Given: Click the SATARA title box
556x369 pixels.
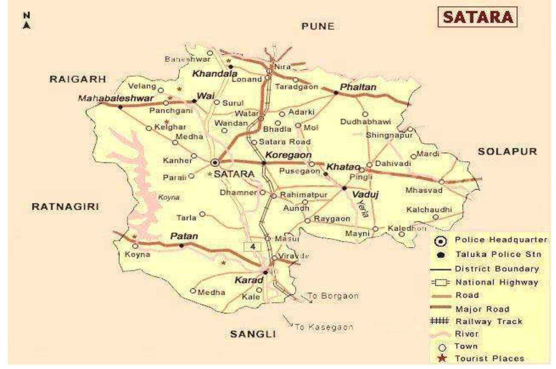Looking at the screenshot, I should pyautogui.click(x=477, y=17).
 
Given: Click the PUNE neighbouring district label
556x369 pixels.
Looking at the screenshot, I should pyautogui.click(x=318, y=26).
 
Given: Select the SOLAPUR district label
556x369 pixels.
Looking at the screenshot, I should pyautogui.click(x=507, y=151).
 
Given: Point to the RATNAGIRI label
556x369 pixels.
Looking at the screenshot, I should pyautogui.click(x=65, y=207).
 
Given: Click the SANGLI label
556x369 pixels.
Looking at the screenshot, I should pyautogui.click(x=253, y=334).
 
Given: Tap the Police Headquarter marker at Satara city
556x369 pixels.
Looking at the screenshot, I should pyautogui.click(x=215, y=163).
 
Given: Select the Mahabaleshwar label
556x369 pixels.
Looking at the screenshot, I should pyautogui.click(x=116, y=98).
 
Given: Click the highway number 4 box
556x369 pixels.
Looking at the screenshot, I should pyautogui.click(x=253, y=247).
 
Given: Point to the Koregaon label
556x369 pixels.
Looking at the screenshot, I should pyautogui.click(x=288, y=155).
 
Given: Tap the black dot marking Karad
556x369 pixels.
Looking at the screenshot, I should pyautogui.click(x=265, y=272).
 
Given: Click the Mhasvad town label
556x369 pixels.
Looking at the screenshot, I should pyautogui.click(x=424, y=190).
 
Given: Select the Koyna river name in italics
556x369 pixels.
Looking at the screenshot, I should pyautogui.click(x=169, y=197).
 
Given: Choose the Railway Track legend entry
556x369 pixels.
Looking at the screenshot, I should pyautogui.click(x=488, y=321).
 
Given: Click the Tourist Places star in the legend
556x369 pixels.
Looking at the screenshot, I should pyautogui.click(x=442, y=359).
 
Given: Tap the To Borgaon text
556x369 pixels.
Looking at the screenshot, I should pyautogui.click(x=333, y=296).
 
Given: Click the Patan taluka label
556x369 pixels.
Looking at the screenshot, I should pyautogui.click(x=184, y=236).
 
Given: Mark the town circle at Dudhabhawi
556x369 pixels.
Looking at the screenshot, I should pyautogui.click(x=365, y=114).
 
